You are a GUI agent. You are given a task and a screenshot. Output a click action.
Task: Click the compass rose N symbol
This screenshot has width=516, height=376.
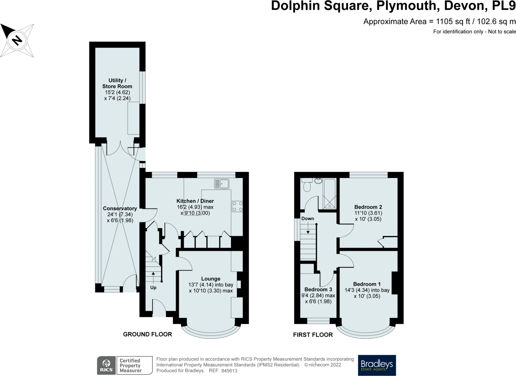17,40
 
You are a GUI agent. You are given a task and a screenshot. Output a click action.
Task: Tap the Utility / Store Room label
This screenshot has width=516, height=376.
117,83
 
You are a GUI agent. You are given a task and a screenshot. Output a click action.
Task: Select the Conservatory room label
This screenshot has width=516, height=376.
120,208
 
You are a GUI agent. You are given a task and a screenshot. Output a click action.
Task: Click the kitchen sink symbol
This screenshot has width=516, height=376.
222,184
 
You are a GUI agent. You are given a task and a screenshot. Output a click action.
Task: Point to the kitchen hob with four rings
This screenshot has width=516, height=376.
237,206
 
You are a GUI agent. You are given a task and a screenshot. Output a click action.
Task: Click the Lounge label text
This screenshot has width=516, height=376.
211,279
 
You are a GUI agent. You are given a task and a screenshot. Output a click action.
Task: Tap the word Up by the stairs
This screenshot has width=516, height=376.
153,288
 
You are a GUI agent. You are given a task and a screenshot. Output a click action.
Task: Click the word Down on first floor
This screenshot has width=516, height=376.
308,218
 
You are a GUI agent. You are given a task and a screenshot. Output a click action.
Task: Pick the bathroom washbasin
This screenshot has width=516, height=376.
318,181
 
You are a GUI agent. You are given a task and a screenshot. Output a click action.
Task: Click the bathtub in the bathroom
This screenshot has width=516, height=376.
330,194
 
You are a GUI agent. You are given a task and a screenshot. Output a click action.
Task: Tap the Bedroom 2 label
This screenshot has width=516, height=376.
368,207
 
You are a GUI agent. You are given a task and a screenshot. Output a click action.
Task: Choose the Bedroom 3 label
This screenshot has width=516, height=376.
318,289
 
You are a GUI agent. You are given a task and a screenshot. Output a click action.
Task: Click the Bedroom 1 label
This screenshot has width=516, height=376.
367,284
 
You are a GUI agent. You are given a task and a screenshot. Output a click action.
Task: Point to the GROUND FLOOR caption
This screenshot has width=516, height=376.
147,334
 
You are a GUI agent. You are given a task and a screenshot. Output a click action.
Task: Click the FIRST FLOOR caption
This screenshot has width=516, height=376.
313,335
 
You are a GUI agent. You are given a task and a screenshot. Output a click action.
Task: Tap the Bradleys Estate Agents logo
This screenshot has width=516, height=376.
377,365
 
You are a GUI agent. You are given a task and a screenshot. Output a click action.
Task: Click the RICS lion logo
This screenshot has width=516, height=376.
107,365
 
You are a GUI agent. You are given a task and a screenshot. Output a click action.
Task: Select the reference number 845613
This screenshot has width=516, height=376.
229,371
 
